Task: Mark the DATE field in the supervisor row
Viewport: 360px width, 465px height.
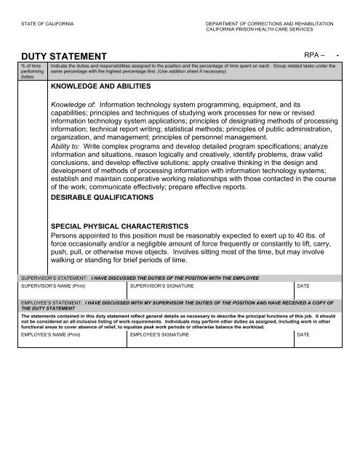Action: pyautogui.click(x=320, y=291)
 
